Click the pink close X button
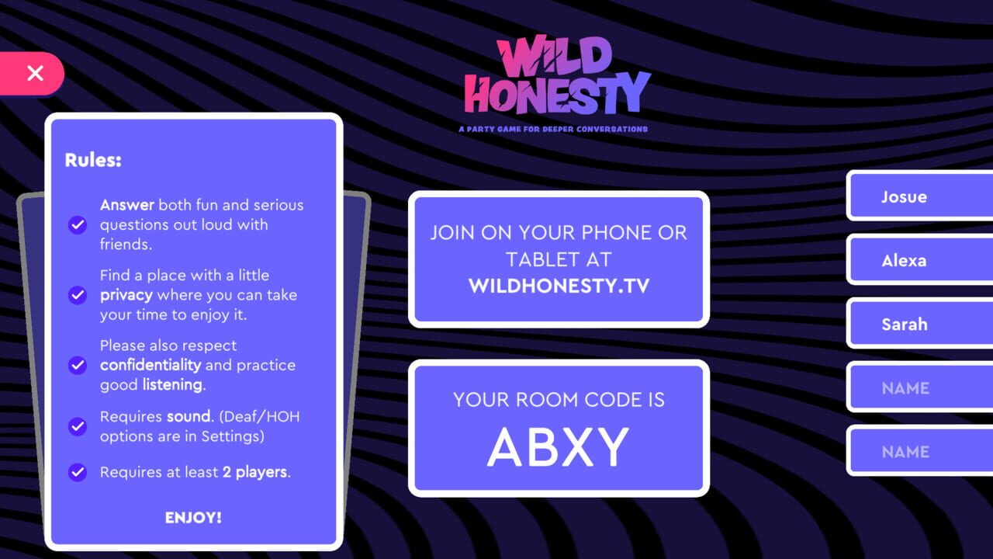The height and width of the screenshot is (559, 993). pyautogui.click(x=35, y=74)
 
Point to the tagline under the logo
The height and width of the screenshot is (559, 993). pyautogui.click(x=553, y=129)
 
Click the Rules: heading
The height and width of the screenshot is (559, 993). pyautogui.click(x=93, y=161)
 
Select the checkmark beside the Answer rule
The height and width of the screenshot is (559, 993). pyautogui.click(x=78, y=225)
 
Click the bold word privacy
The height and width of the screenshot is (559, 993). pyautogui.click(x=126, y=295)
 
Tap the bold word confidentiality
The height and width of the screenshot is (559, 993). pyautogui.click(x=151, y=365)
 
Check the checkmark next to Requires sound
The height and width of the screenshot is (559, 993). pyautogui.click(x=78, y=426)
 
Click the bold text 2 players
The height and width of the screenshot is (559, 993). pyautogui.click(x=255, y=472)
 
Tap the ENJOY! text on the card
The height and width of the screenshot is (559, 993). pyautogui.click(x=193, y=518)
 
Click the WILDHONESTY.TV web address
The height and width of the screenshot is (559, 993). pyautogui.click(x=559, y=286)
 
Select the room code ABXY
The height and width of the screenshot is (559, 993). pyautogui.click(x=559, y=448)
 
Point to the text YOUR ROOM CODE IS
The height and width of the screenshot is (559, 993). pyautogui.click(x=559, y=400)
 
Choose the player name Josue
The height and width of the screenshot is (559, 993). pyautogui.click(x=904, y=196)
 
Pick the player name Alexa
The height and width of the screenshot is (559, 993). pyautogui.click(x=904, y=261)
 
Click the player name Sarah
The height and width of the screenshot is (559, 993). pyautogui.click(x=904, y=325)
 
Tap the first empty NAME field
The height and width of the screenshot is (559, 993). pyautogui.click(x=905, y=388)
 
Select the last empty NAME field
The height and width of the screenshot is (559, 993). pyautogui.click(x=905, y=452)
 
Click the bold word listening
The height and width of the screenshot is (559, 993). pyautogui.click(x=172, y=385)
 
